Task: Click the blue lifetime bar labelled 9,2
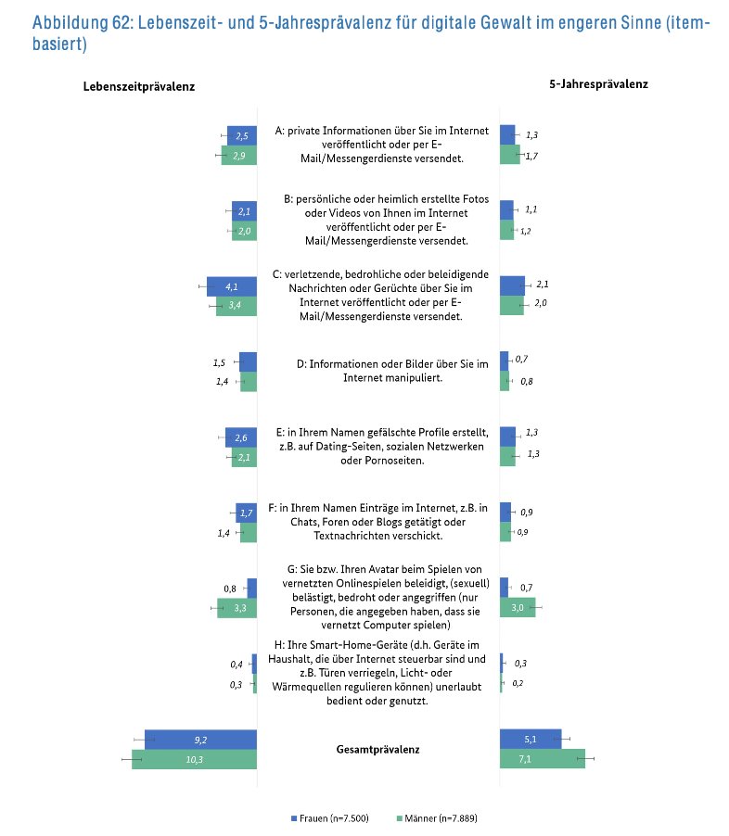pos(200,740)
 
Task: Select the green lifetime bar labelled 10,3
pos(194,759)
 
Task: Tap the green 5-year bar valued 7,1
pos(542,759)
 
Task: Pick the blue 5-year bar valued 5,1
pos(531,740)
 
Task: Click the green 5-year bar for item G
pos(517,608)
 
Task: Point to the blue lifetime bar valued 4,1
pos(232,286)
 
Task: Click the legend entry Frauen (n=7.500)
pos(333,818)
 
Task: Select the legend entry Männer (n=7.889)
pos(437,818)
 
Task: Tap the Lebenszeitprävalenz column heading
pos(138,86)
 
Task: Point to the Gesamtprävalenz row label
pos(377,749)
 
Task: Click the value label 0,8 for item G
pos(229,589)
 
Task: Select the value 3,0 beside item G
pos(518,608)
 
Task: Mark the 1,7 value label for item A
pos(532,156)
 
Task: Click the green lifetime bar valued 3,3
pos(237,608)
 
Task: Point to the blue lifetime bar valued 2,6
pos(240,437)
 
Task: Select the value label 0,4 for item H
pos(237,665)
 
